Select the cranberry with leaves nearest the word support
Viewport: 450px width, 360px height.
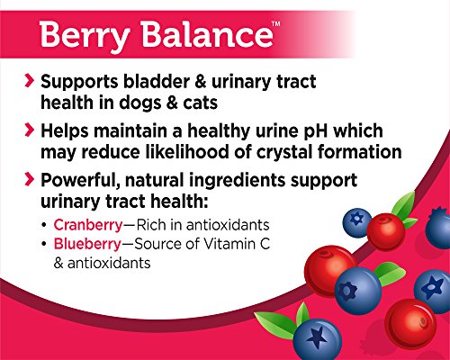click(383, 229)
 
